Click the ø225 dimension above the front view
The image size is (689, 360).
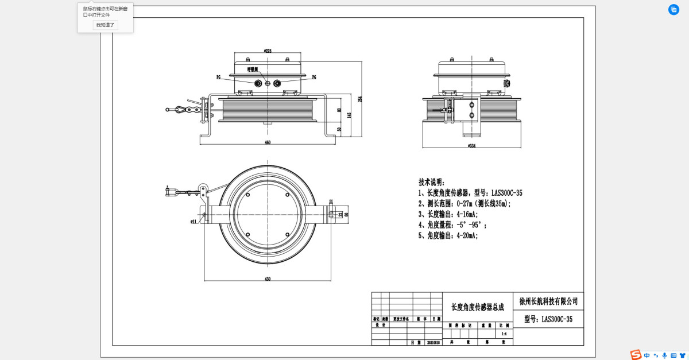coord(268,51)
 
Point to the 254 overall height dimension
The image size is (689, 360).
coord(360,99)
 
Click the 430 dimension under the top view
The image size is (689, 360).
coord(268,278)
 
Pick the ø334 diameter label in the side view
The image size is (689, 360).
coord(472,146)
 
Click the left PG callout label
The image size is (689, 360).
coord(218,77)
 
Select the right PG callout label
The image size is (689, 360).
coord(314,77)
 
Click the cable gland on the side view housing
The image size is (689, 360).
coord(506,84)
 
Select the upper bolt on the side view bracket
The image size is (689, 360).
coord(472,104)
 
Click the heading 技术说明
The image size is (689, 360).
coord(431,182)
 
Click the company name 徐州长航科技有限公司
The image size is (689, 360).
coord(548,301)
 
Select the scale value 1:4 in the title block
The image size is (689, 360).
coord(504,334)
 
